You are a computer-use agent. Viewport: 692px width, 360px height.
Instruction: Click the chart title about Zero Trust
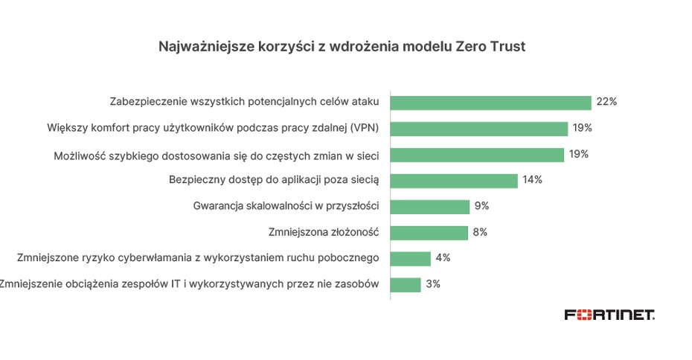click(342, 47)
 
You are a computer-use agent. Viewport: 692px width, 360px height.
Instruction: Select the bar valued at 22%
click(490, 103)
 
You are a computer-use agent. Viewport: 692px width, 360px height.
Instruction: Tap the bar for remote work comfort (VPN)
click(478, 129)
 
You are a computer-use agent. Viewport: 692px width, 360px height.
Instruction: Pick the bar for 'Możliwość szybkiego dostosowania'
click(477, 155)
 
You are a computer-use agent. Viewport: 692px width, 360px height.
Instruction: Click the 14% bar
click(453, 181)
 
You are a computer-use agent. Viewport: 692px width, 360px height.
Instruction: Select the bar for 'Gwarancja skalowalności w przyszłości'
click(429, 207)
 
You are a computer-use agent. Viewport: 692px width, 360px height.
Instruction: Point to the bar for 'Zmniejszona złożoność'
click(429, 233)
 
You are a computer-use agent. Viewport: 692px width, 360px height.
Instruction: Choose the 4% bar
click(410, 259)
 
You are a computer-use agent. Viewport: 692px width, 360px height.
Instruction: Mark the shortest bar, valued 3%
click(406, 285)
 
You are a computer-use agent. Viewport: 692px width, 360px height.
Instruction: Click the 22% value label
click(606, 102)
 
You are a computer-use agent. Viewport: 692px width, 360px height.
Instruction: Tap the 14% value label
click(532, 180)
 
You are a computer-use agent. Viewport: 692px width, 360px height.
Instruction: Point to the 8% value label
click(480, 232)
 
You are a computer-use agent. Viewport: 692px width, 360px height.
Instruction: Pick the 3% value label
click(432, 284)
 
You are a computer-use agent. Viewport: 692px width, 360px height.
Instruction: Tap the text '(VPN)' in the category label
click(364, 128)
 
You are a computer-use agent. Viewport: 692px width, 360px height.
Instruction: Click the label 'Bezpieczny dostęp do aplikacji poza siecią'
click(275, 180)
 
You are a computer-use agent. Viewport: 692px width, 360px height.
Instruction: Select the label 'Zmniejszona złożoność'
click(324, 232)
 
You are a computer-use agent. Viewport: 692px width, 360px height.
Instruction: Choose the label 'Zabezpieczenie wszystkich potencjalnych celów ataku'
click(245, 102)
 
